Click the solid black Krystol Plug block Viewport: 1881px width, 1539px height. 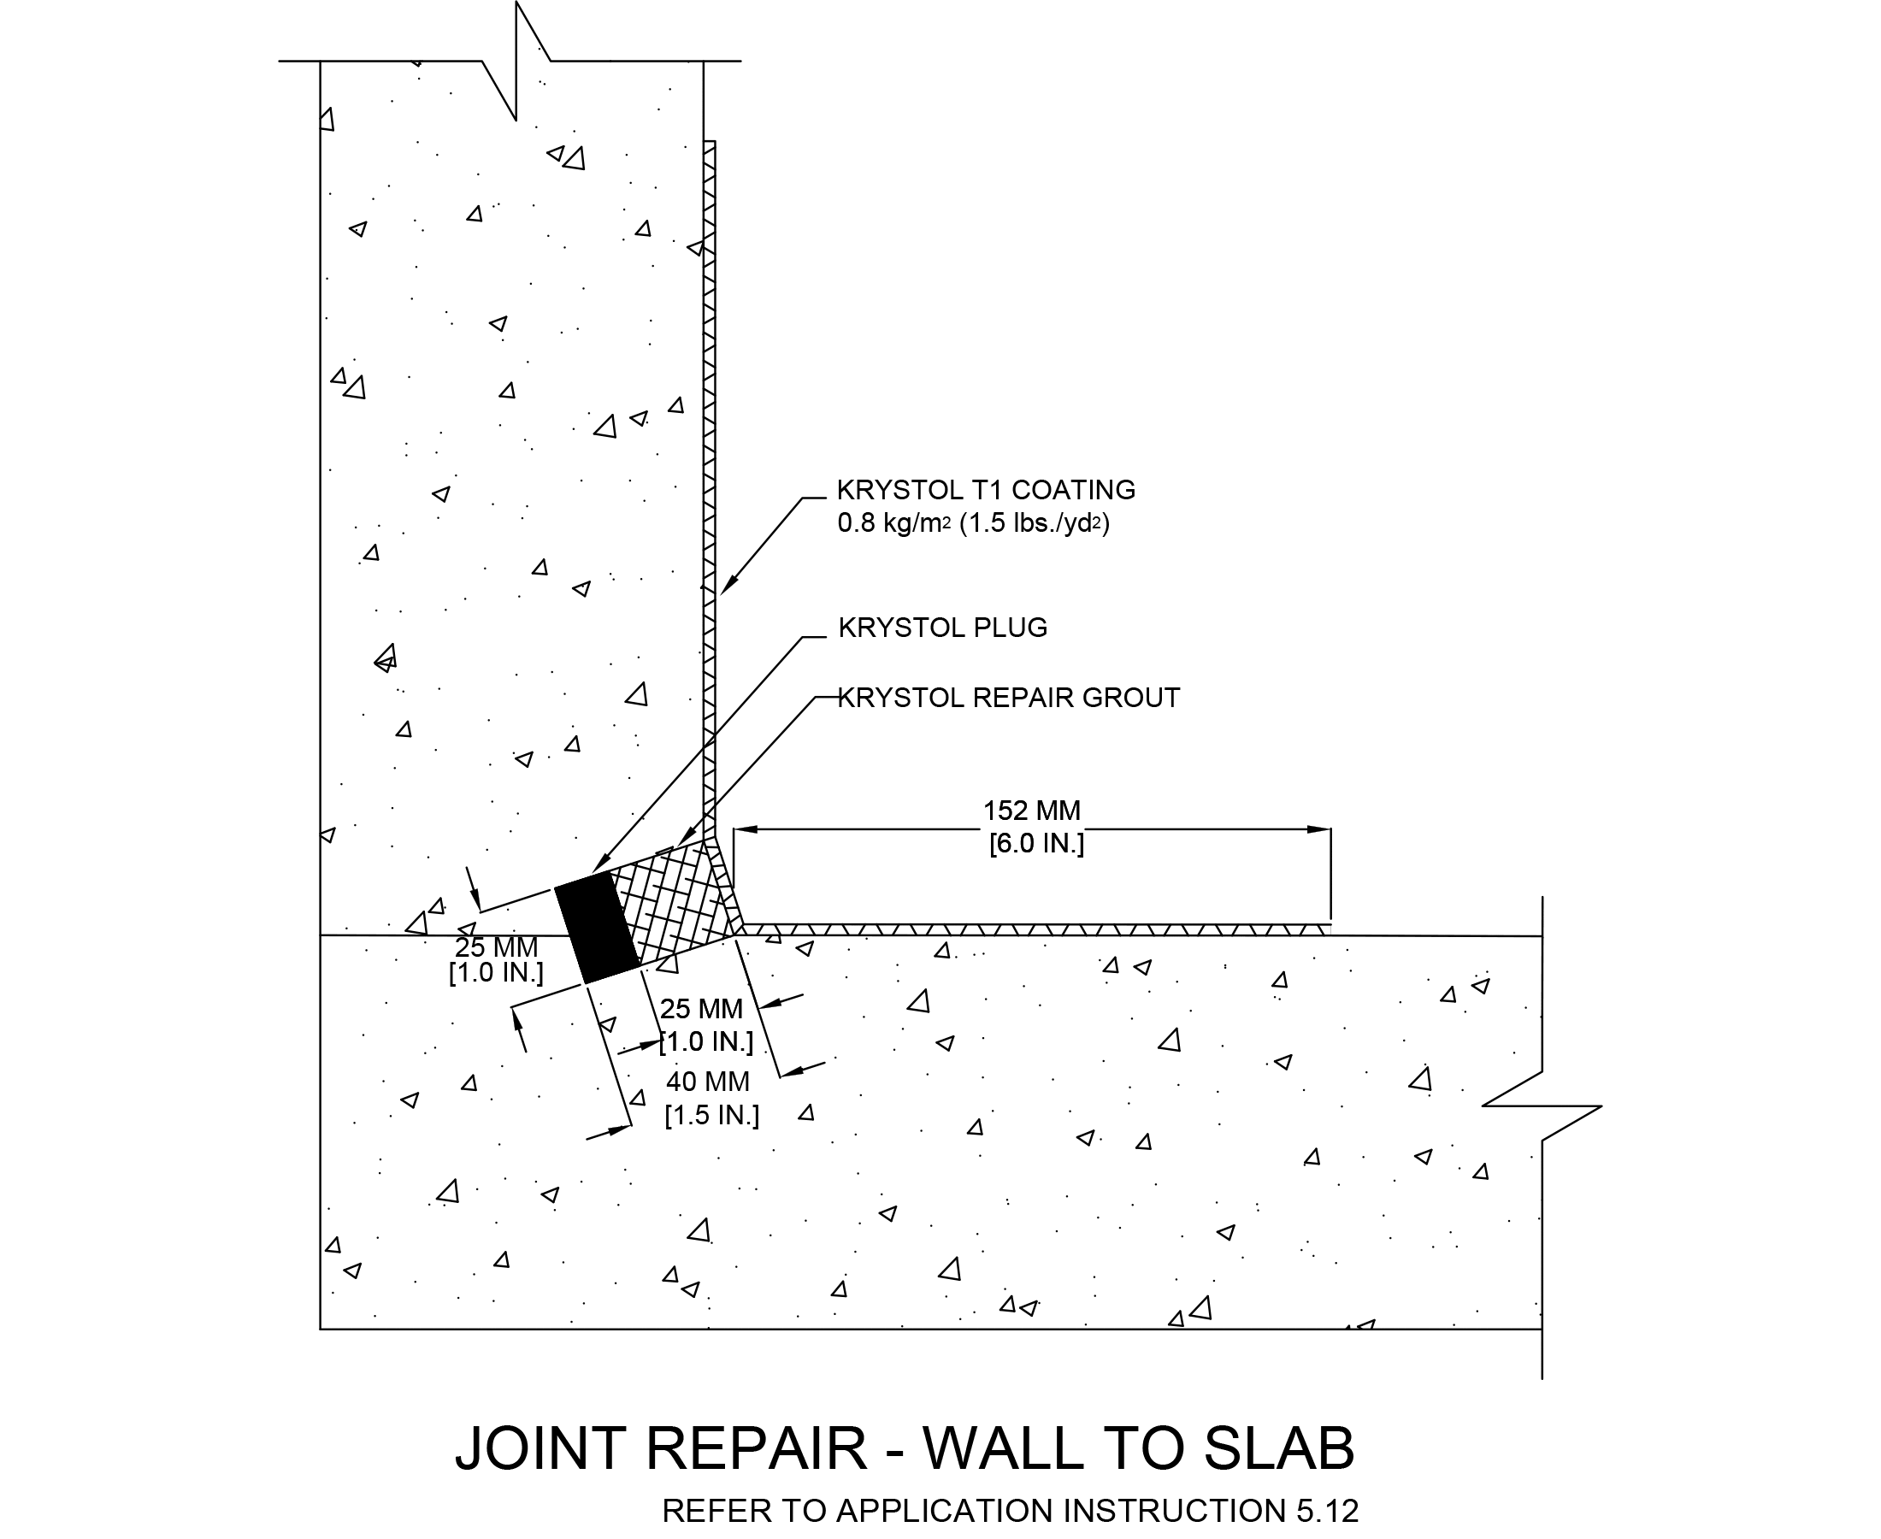[597, 928]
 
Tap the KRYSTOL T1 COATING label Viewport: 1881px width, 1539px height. [986, 490]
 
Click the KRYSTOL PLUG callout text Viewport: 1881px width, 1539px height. [942, 628]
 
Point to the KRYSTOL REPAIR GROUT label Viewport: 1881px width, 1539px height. [1009, 698]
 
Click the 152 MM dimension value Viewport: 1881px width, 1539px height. [1032, 811]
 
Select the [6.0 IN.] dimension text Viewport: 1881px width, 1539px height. [1036, 843]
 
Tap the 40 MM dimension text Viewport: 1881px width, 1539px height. [707, 1082]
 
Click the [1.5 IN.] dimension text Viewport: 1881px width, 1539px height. [712, 1114]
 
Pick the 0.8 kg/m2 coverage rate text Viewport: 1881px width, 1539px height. [893, 523]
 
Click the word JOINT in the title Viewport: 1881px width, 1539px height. [540, 1448]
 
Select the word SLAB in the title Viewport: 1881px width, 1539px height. [1279, 1448]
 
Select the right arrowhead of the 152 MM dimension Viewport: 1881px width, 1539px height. [1320, 830]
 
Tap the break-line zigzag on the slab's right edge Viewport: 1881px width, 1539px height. [1542, 1106]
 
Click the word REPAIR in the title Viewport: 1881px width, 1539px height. [756, 1448]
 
